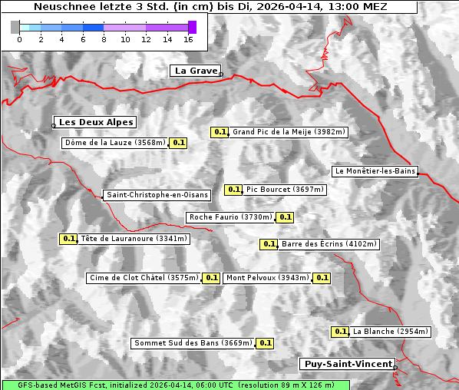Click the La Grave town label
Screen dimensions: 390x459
click(196, 71)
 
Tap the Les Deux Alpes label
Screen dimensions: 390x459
click(96, 122)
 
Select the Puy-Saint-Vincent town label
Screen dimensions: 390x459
click(347, 364)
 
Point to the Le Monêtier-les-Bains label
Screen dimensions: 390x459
click(375, 171)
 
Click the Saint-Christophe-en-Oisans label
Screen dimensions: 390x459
click(157, 195)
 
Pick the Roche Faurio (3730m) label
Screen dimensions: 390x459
click(231, 217)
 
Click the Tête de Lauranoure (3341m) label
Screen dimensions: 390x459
click(134, 239)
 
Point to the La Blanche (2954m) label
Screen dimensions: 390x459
click(390, 332)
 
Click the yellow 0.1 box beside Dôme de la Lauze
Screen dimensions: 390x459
click(178, 143)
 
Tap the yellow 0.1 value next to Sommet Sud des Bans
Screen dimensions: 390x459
click(265, 343)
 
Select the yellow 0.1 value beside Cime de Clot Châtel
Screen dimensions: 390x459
click(212, 278)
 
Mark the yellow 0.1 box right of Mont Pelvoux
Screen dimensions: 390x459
click(322, 278)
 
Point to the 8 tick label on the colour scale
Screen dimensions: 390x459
click(104, 39)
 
